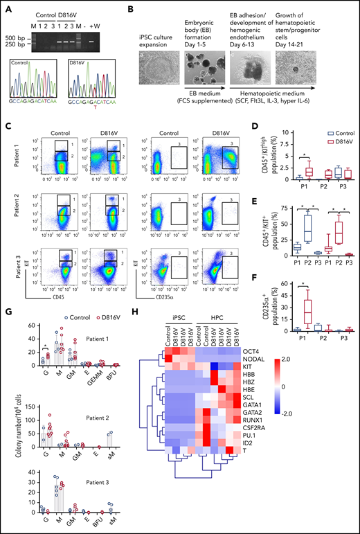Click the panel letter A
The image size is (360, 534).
8,8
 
